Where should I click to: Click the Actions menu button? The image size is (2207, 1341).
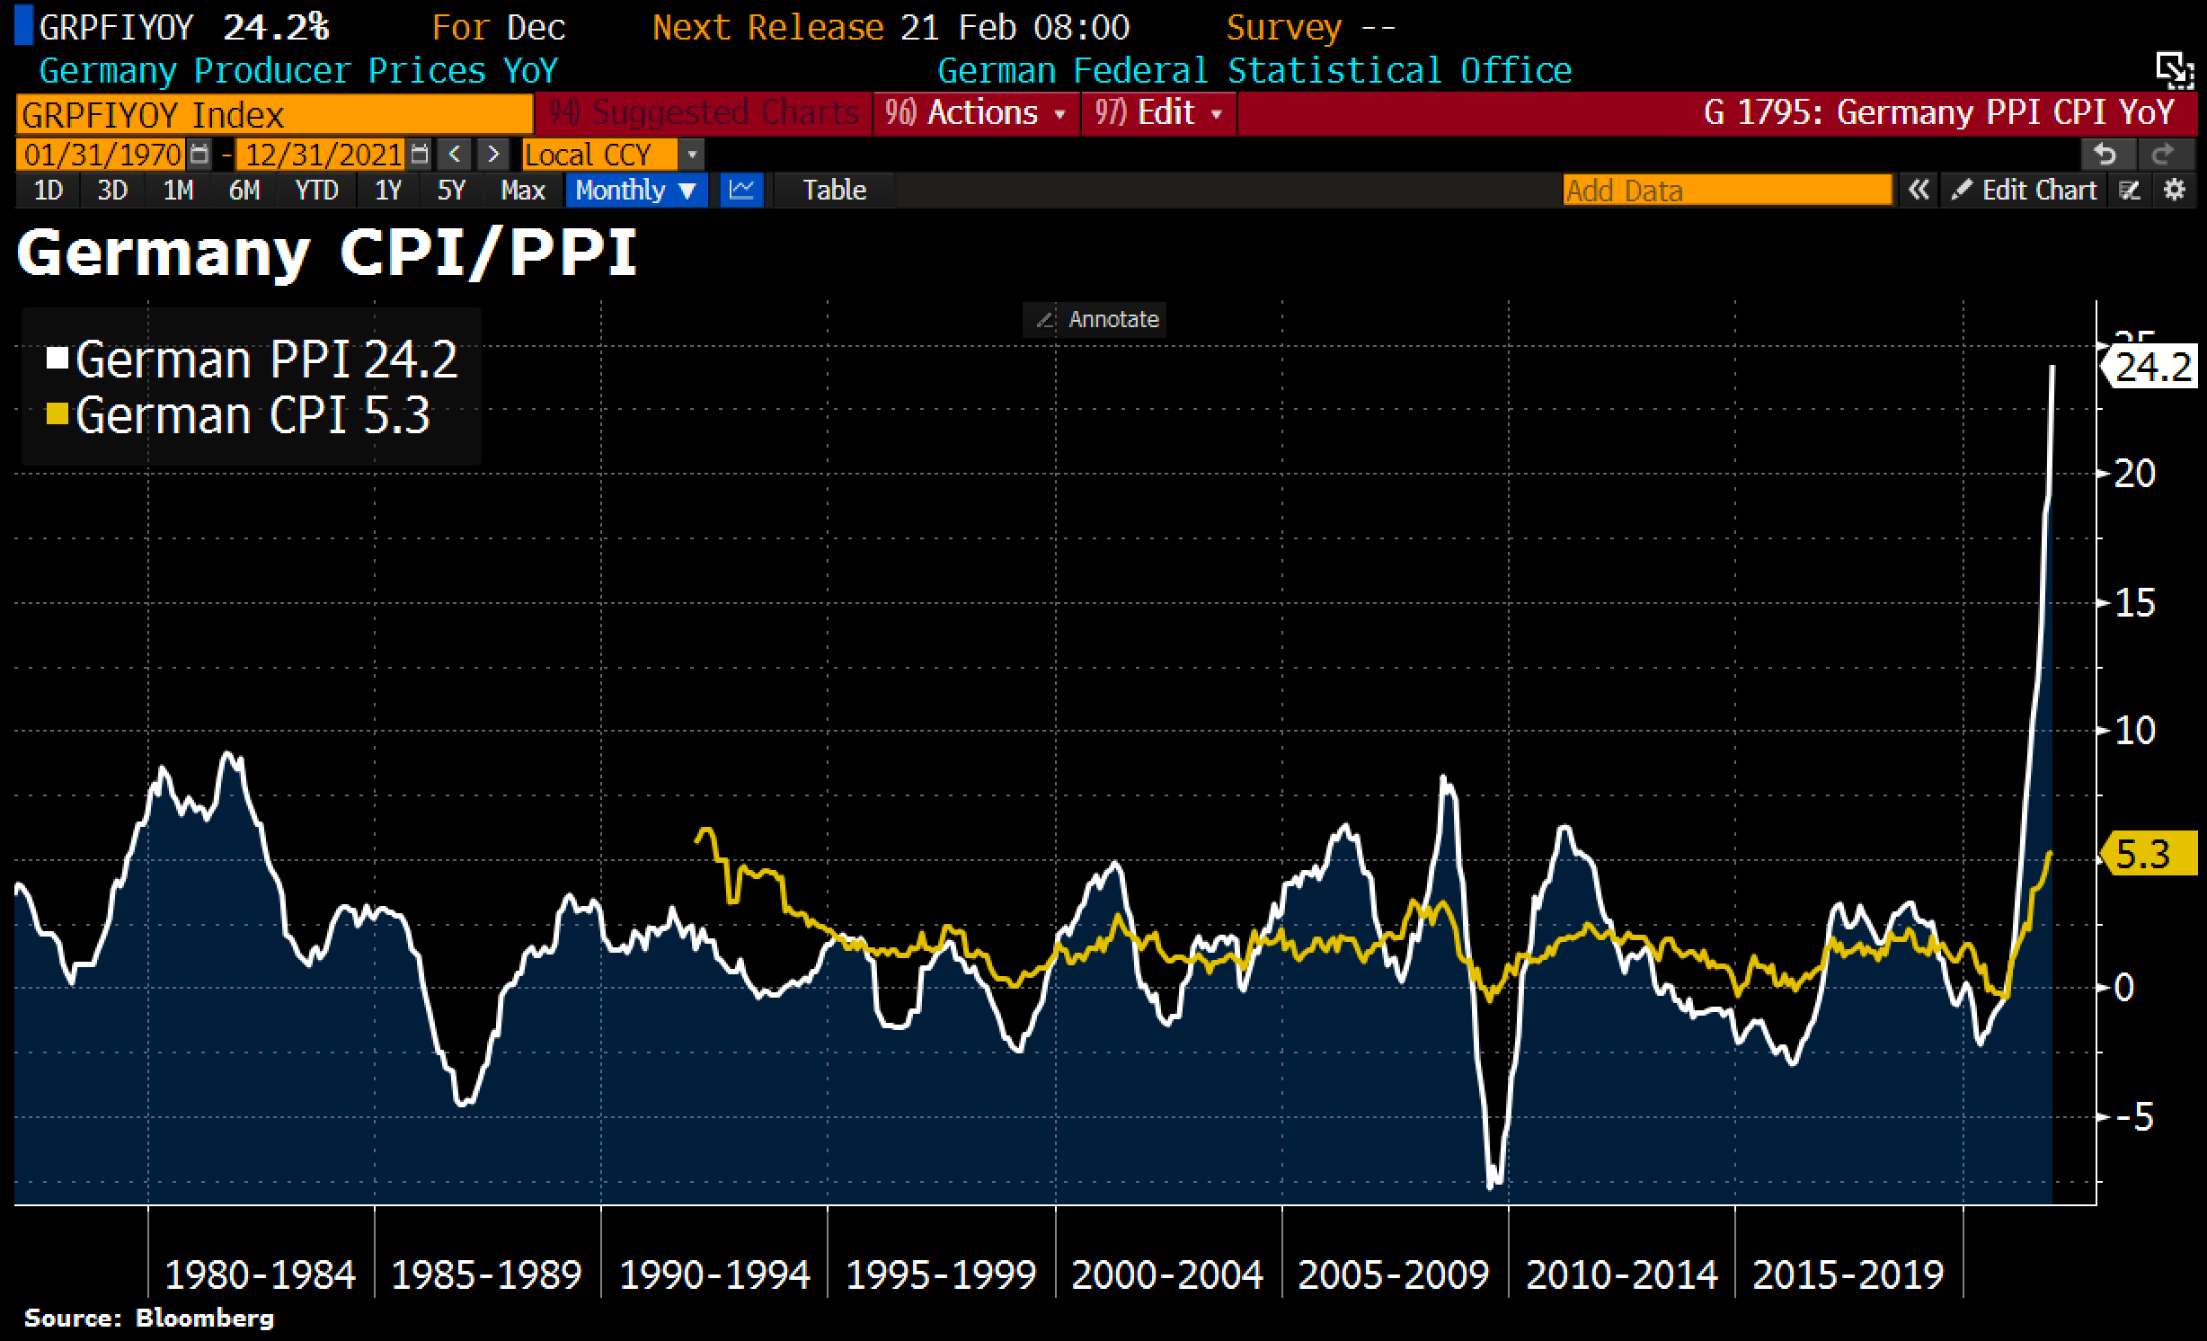tap(976, 113)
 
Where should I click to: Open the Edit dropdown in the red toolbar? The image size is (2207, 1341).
tap(1158, 113)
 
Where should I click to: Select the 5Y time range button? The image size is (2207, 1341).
tap(451, 191)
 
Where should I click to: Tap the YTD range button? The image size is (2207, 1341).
tap(316, 191)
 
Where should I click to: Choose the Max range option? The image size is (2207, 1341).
tap(523, 191)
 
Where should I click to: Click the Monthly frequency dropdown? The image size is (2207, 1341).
tap(635, 191)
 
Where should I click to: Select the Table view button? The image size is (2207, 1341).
tap(834, 191)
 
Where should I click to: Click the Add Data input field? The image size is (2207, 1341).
tap(1726, 191)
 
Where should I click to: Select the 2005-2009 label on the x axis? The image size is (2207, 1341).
tap(1394, 1274)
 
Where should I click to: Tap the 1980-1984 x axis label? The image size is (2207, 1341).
tap(261, 1274)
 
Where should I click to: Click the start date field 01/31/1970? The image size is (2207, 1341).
tap(102, 155)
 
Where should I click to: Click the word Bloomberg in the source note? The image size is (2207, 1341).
tap(204, 1319)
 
